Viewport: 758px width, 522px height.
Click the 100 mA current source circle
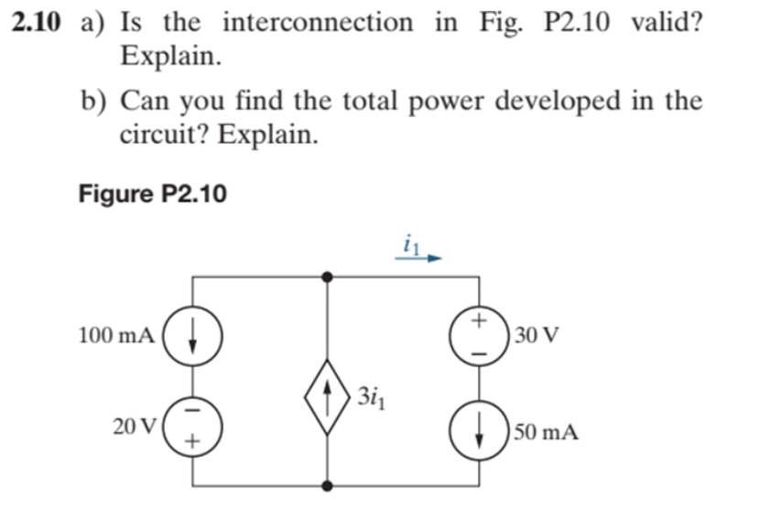tap(191, 335)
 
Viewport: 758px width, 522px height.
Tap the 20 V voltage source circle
tap(191, 427)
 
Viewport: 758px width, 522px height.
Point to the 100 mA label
tap(116, 335)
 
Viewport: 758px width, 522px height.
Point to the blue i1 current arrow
tap(419, 259)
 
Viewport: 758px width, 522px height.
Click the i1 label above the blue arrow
tap(408, 244)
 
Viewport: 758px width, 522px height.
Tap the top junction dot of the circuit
tap(328, 276)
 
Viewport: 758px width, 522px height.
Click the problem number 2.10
tap(38, 22)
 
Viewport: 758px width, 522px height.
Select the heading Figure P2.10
tap(153, 194)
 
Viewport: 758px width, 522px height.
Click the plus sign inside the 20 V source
tap(192, 441)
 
